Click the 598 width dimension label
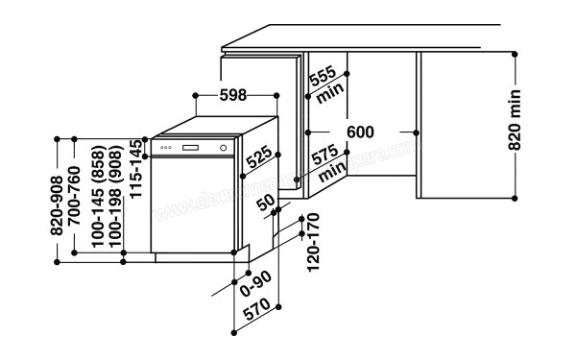(234, 95)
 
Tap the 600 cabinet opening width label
(360, 132)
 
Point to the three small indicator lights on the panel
(166, 147)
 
